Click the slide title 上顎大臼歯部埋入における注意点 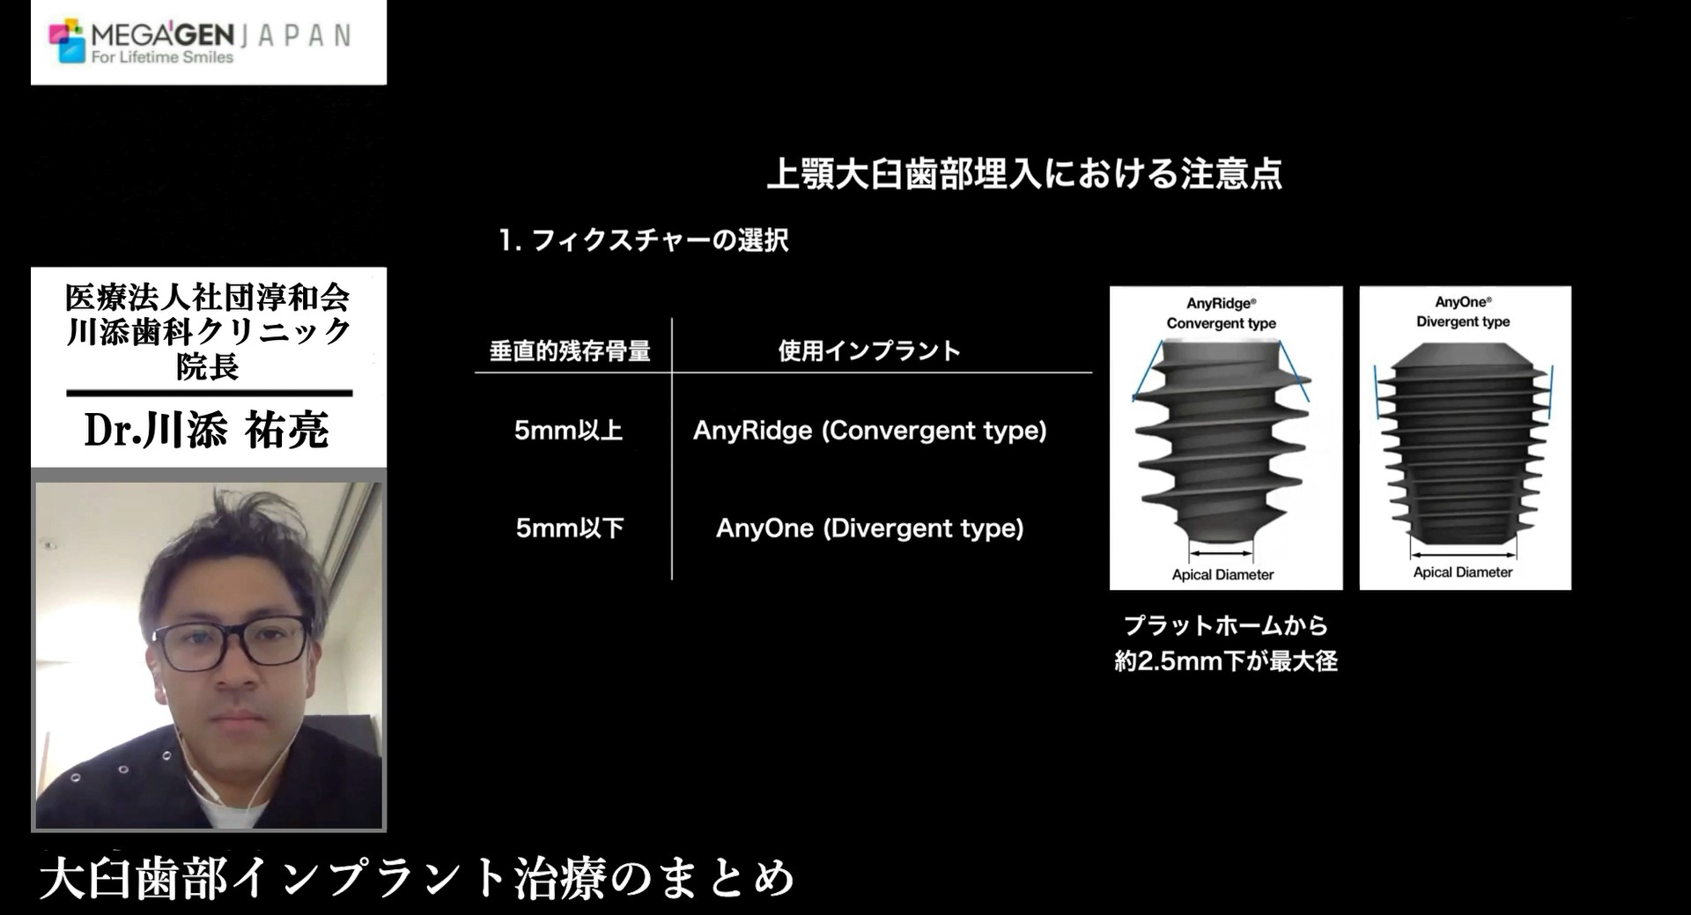(1024, 173)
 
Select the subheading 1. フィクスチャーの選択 (643, 240)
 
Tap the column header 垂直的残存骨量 (570, 351)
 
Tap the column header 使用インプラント (868, 351)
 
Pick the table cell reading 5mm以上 (569, 431)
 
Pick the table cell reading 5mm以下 (570, 528)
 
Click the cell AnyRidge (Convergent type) (870, 431)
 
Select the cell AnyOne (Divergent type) (870, 528)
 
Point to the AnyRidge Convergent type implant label (1222, 314)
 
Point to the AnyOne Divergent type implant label (1463, 312)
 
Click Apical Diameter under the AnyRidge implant (1222, 575)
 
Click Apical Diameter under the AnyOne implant (1463, 572)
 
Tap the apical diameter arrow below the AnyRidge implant (1221, 554)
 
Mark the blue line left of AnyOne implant (1376, 392)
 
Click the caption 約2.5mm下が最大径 (1226, 661)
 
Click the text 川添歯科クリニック (209, 332)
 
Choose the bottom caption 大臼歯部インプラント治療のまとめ (417, 878)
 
